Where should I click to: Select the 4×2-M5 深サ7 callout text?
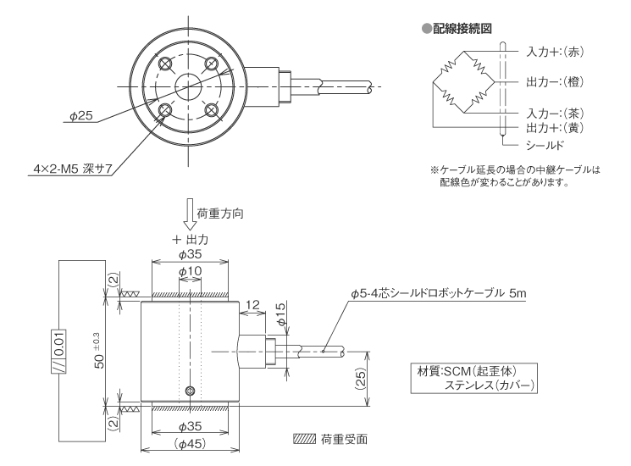[75, 169]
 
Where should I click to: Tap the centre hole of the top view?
[189, 86]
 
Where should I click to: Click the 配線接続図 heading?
[462, 28]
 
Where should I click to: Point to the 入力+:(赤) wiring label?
[555, 53]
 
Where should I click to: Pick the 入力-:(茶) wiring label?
[555, 114]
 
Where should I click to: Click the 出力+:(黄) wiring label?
[555, 128]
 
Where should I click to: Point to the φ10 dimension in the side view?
[189, 270]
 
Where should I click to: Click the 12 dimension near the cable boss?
[253, 303]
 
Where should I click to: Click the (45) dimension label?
[189, 442]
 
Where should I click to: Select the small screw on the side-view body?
[190, 390]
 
